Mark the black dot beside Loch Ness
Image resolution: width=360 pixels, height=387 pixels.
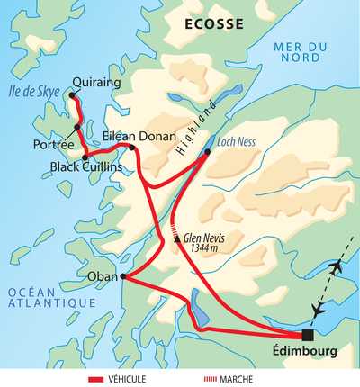tap(207, 152)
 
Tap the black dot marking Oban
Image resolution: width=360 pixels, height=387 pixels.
tap(121, 276)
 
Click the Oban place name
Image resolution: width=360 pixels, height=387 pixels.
tap(103, 276)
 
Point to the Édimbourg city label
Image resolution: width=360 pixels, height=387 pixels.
tap(305, 353)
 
